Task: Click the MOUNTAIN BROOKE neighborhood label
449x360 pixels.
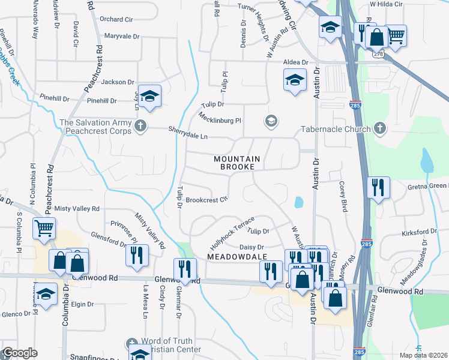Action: pyautogui.click(x=238, y=163)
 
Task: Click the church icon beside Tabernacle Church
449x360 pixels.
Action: pyautogui.click(x=379, y=127)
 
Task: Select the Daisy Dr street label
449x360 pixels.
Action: pyautogui.click(x=252, y=247)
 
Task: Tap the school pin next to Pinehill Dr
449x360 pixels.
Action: pyautogui.click(x=150, y=96)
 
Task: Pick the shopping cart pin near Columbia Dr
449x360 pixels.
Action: pyautogui.click(x=44, y=229)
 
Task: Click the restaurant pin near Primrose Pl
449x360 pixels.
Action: pyautogui.click(x=137, y=255)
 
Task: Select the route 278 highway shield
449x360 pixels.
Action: pyautogui.click(x=378, y=53)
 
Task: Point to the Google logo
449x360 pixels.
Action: pyautogui.click(x=19, y=353)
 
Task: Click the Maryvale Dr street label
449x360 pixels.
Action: pyautogui.click(x=122, y=36)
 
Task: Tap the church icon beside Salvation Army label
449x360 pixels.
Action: pyautogui.click(x=140, y=125)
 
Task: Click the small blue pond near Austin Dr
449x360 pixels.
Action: pyautogui.click(x=298, y=203)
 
